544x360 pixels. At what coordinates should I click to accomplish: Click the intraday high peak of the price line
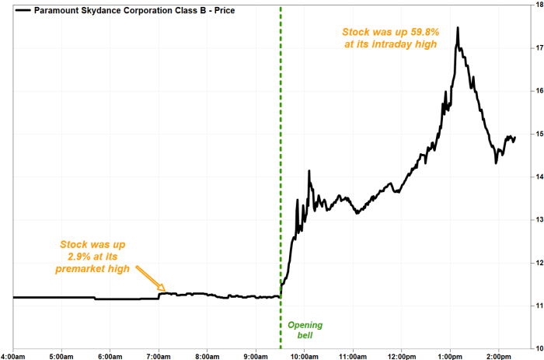click(x=458, y=27)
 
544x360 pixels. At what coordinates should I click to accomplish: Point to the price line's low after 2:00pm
click(x=496, y=163)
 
